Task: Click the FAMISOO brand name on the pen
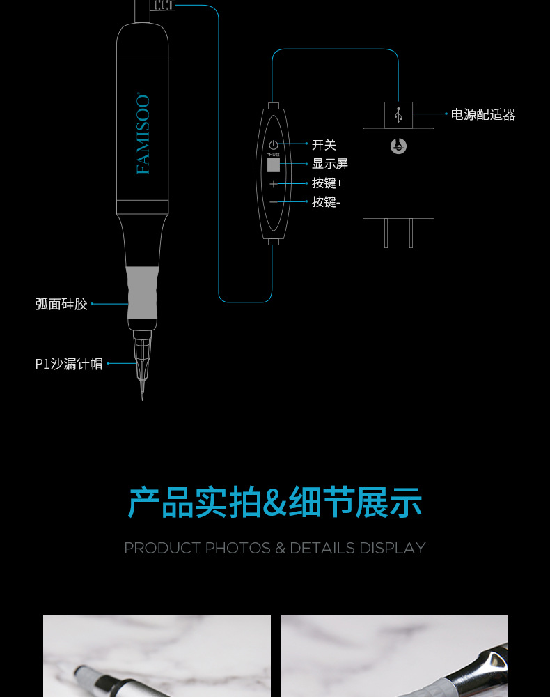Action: pyautogui.click(x=143, y=134)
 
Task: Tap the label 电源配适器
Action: pyautogui.click(x=483, y=114)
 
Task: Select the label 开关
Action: pyautogui.click(x=324, y=145)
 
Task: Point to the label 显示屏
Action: pyautogui.click(x=329, y=164)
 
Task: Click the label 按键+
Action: pyautogui.click(x=327, y=183)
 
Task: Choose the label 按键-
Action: pyautogui.click(x=325, y=201)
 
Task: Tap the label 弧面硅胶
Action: pyautogui.click(x=61, y=304)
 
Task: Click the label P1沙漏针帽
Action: pyautogui.click(x=69, y=364)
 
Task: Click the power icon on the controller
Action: pyautogui.click(x=273, y=145)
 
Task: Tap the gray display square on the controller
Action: pyautogui.click(x=274, y=165)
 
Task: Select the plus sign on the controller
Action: pyautogui.click(x=274, y=184)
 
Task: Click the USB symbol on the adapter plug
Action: pyautogui.click(x=398, y=115)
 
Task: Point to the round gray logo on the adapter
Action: pyautogui.click(x=398, y=146)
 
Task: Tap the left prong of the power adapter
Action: pyautogui.click(x=386, y=233)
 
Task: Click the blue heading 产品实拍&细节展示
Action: pyautogui.click(x=275, y=503)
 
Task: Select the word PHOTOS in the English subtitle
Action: pyautogui.click(x=237, y=548)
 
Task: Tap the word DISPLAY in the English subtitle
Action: pyautogui.click(x=392, y=548)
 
